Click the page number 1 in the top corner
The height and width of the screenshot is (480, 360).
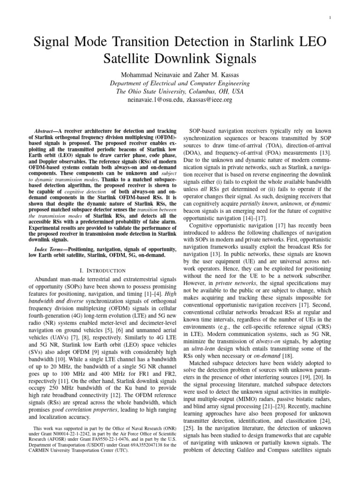(x=331, y=18)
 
